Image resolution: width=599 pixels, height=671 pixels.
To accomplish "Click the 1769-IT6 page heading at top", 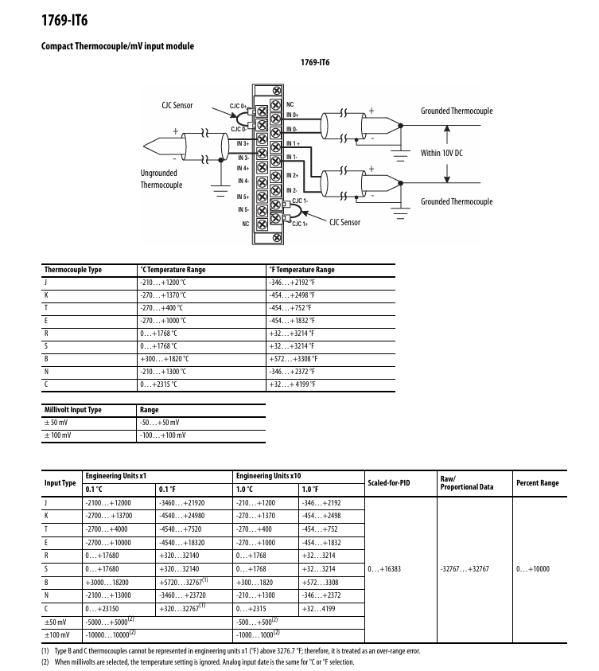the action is [64, 20].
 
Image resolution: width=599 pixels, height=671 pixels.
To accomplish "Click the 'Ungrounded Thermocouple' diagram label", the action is [161, 179].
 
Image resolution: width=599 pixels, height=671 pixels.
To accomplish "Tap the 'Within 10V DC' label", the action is [441, 153].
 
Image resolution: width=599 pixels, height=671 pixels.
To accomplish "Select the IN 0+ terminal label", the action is [293, 115].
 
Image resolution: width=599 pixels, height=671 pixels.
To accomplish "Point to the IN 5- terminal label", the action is [243, 209].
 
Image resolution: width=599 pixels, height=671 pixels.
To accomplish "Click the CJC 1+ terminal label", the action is [300, 224].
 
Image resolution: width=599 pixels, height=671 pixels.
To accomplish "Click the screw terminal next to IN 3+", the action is [262, 139].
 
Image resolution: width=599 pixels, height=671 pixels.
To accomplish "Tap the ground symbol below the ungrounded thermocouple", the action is [220, 190].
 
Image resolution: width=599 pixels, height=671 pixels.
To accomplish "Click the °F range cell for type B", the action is [294, 359].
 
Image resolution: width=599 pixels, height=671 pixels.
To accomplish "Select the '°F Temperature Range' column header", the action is [301, 270].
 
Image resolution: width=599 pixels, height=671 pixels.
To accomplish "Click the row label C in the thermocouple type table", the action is [46, 384].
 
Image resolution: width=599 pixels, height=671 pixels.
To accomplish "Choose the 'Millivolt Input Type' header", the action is [73, 410].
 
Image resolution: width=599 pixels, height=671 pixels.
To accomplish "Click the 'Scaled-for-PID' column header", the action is [389, 483].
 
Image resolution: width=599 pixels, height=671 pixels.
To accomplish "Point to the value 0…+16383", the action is [384, 569].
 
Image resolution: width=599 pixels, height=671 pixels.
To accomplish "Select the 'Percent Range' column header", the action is [538, 483].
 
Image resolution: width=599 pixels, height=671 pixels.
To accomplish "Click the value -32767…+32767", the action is [465, 569].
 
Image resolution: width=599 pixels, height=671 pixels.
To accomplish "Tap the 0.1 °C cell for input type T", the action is [107, 529].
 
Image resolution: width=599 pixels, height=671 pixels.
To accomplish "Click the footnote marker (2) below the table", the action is [45, 662].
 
